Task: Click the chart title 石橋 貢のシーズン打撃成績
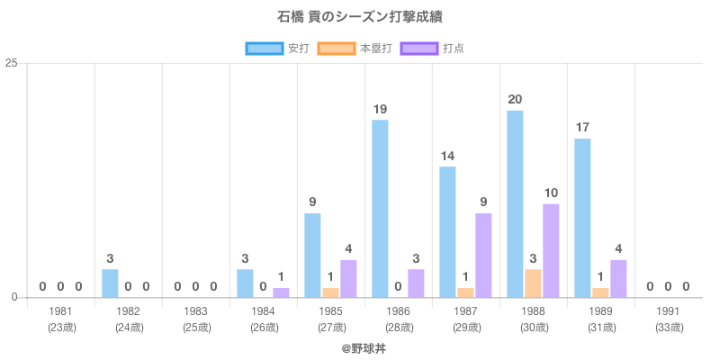click(360, 17)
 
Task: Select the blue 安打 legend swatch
click(264, 48)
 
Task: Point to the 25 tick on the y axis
click(12, 63)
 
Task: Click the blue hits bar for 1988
click(515, 203)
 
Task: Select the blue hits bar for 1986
click(380, 208)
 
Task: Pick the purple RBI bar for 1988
click(551, 250)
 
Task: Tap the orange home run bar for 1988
click(533, 283)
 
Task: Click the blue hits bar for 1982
click(110, 283)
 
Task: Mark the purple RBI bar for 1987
click(483, 255)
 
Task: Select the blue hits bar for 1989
click(582, 217)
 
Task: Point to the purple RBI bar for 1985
click(348, 278)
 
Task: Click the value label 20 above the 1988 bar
click(515, 100)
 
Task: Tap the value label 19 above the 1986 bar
click(380, 109)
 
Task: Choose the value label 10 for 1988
click(551, 193)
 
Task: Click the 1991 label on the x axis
click(669, 311)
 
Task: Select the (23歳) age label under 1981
click(61, 327)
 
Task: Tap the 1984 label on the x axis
click(264, 311)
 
